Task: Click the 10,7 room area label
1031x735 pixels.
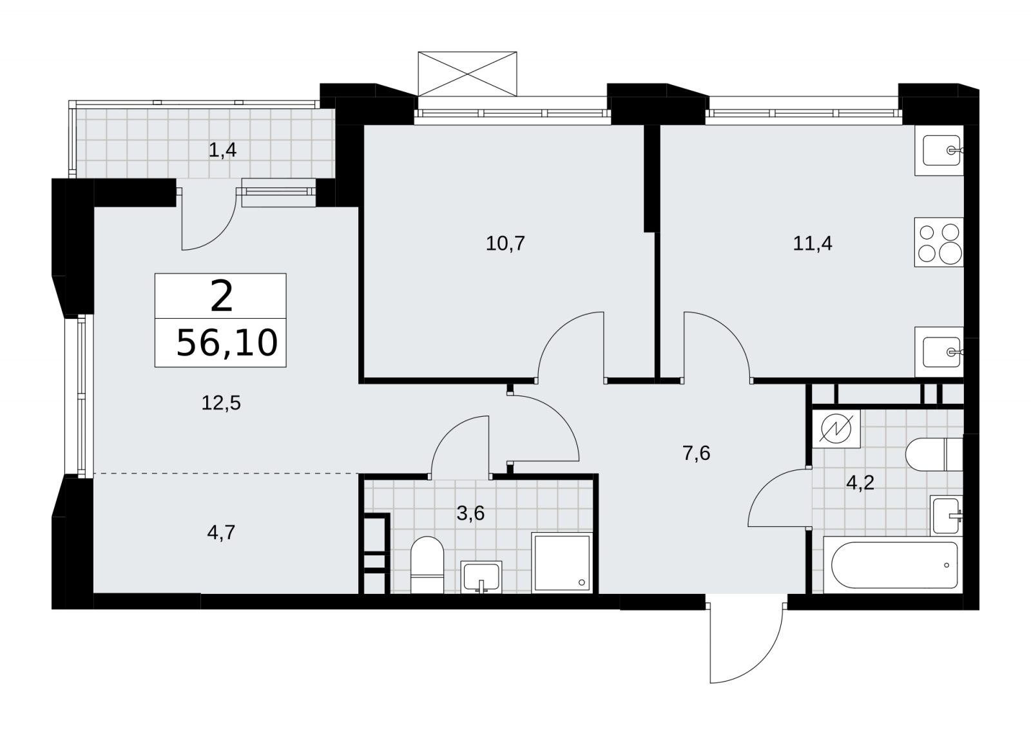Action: pyautogui.click(x=505, y=243)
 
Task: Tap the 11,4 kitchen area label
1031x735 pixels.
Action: pyautogui.click(x=813, y=243)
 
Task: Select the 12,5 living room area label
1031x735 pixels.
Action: pyautogui.click(x=221, y=403)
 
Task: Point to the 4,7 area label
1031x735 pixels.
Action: pyautogui.click(x=221, y=533)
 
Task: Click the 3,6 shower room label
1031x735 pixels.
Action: pyautogui.click(x=470, y=513)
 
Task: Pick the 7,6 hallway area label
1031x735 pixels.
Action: pyautogui.click(x=697, y=453)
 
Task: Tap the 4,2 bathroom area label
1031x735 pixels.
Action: pyautogui.click(x=860, y=482)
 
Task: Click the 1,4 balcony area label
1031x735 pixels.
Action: pyautogui.click(x=222, y=150)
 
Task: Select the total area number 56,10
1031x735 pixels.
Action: pyautogui.click(x=227, y=343)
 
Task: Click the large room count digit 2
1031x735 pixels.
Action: pyautogui.click(x=222, y=298)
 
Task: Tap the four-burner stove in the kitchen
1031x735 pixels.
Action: pyautogui.click(x=939, y=242)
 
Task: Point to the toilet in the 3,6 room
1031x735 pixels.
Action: pyautogui.click(x=427, y=565)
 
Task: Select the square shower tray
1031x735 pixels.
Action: pyautogui.click(x=561, y=563)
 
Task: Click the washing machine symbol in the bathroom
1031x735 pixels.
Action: pyautogui.click(x=836, y=428)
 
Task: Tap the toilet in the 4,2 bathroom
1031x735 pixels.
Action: pyautogui.click(x=934, y=455)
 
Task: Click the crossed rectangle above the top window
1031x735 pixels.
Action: pyautogui.click(x=467, y=73)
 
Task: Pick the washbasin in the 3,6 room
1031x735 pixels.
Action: pyautogui.click(x=481, y=577)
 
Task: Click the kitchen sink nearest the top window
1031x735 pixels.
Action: pyautogui.click(x=939, y=150)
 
